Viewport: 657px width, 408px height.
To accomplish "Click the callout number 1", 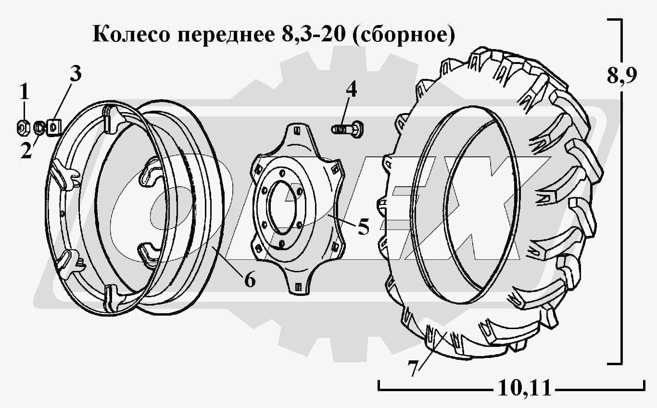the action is click(x=25, y=91).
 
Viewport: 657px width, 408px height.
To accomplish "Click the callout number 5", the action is click(x=363, y=226).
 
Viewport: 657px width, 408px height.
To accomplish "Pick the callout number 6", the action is click(x=250, y=280).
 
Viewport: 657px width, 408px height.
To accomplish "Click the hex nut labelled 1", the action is click(x=23, y=127).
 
